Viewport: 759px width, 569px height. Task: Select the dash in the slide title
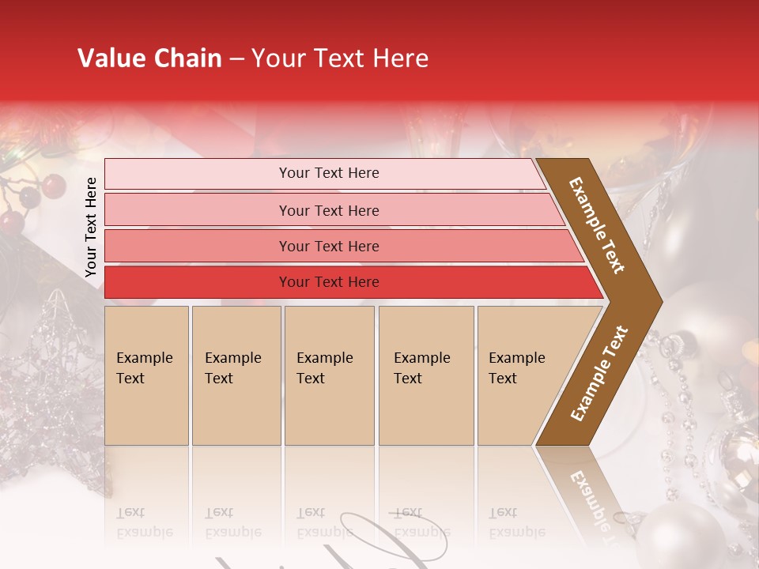click(x=236, y=59)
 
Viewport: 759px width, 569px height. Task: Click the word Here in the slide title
click(x=399, y=58)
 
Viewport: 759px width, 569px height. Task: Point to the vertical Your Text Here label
click(x=91, y=227)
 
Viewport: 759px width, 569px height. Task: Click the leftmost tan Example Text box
click(x=146, y=375)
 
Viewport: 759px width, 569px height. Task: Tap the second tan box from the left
click(x=236, y=375)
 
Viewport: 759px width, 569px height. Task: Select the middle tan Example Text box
click(x=329, y=375)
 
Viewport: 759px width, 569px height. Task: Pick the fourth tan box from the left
click(x=426, y=375)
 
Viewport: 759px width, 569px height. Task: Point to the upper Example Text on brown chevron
click(x=597, y=225)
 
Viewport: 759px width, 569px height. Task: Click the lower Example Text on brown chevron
click(x=599, y=374)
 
